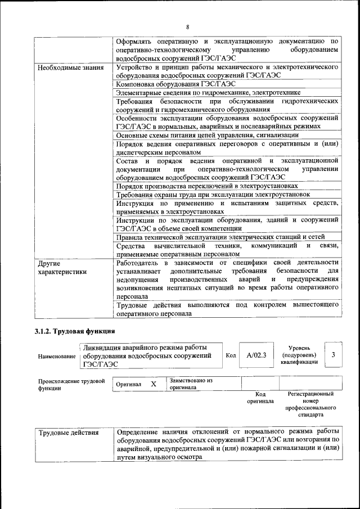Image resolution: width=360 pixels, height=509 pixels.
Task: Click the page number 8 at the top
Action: point(188,27)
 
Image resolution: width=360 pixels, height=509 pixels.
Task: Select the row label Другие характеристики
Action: point(62,267)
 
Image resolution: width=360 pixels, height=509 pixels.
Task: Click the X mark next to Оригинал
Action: point(153,384)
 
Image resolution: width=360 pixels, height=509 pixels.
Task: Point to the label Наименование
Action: point(57,357)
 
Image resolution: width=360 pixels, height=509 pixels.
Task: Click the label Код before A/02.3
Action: point(231,355)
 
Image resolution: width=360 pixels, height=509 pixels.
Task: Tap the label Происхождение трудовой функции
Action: point(71,385)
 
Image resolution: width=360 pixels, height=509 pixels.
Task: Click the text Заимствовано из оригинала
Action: point(191,384)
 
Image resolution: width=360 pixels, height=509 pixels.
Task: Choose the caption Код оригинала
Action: point(260,398)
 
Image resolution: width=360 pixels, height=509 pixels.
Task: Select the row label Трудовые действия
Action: point(68,433)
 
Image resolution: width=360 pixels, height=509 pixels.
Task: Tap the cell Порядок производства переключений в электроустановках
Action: point(214,186)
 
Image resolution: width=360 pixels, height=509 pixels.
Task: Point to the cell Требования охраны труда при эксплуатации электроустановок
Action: point(213,194)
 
